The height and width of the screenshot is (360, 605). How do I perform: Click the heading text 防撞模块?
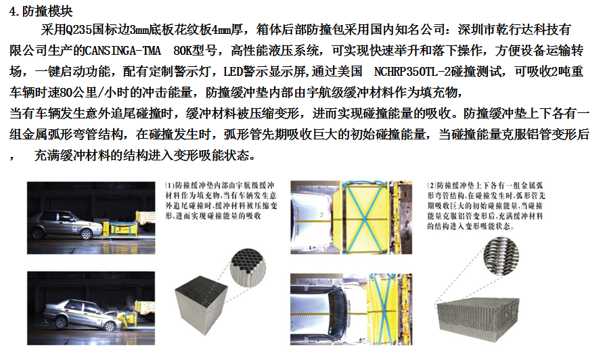point(47,12)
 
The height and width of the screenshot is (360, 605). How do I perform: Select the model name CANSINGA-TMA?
point(122,51)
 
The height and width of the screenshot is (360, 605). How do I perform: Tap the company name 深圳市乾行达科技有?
point(514,29)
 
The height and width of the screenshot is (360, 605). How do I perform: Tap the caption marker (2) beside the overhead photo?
point(431,185)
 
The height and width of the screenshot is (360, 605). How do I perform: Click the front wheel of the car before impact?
point(87,234)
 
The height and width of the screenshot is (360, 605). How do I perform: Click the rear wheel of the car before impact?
point(38,233)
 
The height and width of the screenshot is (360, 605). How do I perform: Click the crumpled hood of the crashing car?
point(110,313)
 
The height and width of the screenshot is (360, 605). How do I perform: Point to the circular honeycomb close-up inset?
point(248,267)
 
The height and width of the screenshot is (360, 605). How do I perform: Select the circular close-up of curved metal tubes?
point(501,255)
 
